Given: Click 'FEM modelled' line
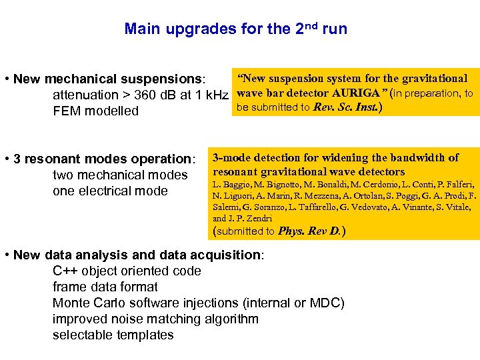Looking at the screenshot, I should tap(95, 111).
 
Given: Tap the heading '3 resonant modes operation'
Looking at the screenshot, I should tap(103, 159).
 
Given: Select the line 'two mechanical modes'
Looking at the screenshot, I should tap(120, 175).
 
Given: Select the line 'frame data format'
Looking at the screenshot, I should tap(105, 287).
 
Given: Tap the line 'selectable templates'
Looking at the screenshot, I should tap(113, 335).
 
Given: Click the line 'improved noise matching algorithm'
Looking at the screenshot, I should tap(155, 319).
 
